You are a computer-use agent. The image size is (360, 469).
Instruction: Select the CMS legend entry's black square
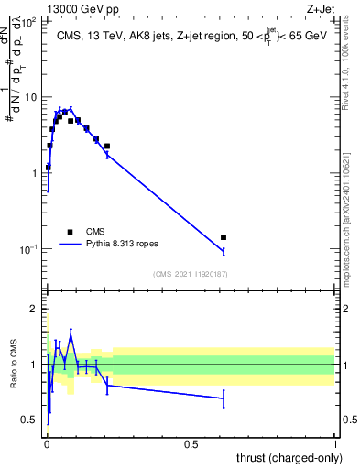pyautogui.click(x=70, y=232)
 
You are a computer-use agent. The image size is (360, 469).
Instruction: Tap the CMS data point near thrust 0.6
pyautogui.click(x=223, y=237)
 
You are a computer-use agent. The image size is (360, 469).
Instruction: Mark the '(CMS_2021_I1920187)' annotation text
pyautogui.click(x=190, y=274)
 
